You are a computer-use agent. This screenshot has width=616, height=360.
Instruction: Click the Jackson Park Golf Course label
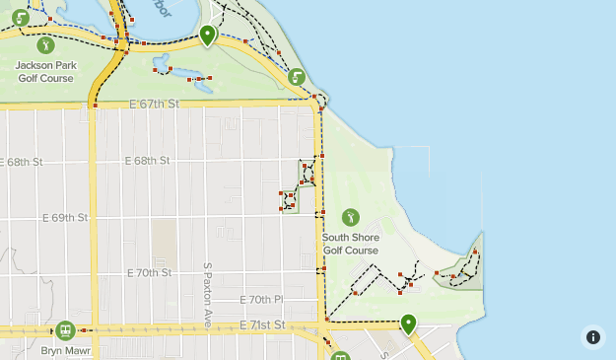[x=45, y=71]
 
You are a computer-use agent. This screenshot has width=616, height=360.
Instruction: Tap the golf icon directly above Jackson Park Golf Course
[x=44, y=45]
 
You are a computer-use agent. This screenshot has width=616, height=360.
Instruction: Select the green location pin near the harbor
[x=207, y=36]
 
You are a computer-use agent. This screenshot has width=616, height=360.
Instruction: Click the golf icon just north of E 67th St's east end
[x=298, y=76]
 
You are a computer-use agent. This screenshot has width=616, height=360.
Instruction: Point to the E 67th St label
[x=155, y=104]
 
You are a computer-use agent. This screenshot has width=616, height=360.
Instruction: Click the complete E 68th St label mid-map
[x=148, y=160]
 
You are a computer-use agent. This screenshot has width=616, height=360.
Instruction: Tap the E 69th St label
[x=64, y=217]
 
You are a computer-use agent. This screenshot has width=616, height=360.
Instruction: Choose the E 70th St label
[x=149, y=272]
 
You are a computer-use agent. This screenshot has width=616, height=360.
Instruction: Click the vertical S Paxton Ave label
[x=208, y=295]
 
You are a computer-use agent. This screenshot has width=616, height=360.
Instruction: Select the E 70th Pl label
[x=261, y=299]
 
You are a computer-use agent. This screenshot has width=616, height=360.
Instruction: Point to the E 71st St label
[x=262, y=324]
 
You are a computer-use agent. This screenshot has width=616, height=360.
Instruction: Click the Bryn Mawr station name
[x=65, y=349]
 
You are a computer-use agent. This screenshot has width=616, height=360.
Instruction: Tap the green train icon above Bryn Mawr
[x=65, y=329]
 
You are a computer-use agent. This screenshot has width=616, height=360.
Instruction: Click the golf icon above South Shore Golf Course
[x=350, y=217]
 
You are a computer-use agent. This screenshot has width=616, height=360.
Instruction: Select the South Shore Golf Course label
[x=350, y=244]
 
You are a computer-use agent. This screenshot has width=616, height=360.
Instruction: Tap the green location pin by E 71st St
[x=408, y=323]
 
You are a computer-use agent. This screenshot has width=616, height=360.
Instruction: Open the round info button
[x=592, y=336]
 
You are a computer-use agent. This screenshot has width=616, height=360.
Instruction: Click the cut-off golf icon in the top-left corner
[x=20, y=16]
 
